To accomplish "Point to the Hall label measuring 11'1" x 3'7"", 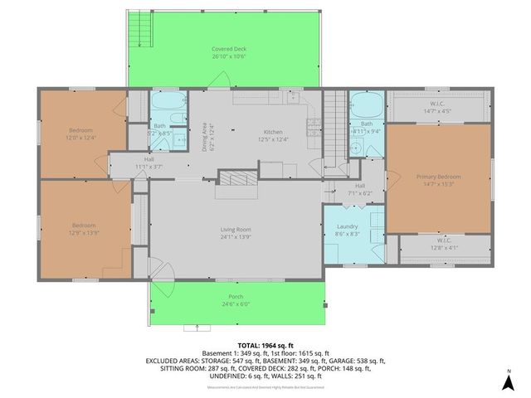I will pos(149,163).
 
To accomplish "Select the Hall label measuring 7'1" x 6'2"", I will pos(360,190).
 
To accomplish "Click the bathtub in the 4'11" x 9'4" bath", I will pos(364,106).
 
